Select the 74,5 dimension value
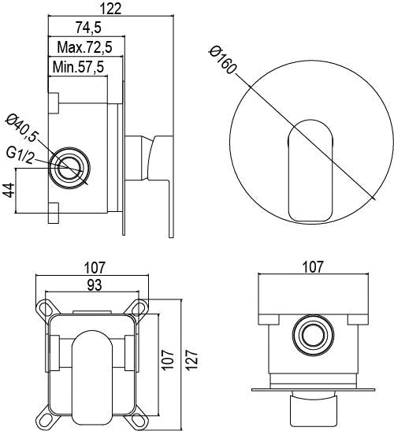tap(88, 28)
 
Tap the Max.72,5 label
tap(84, 47)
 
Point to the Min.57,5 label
tap(78, 67)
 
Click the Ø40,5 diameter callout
tap(22, 128)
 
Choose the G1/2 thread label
tap(20, 156)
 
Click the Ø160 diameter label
tap(222, 60)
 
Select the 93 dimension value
tap(95, 285)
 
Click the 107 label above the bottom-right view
tap(313, 266)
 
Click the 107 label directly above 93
tap(95, 268)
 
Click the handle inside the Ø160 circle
tap(310, 171)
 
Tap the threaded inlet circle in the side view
tap(69, 168)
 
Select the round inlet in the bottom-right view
tap(313, 336)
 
